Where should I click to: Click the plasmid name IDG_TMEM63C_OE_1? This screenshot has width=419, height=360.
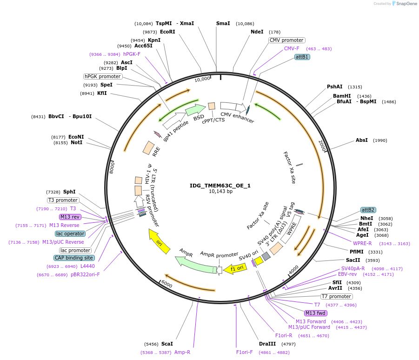point(220,185)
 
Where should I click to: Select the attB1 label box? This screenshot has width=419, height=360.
point(302,57)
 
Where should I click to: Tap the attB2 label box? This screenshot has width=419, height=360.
point(368,210)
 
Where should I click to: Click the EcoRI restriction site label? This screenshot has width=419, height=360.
point(167,32)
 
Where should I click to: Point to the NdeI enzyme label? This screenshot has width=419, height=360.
point(257,32)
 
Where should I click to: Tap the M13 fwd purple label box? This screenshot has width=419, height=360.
point(315,313)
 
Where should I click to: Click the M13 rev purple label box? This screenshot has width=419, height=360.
point(70,217)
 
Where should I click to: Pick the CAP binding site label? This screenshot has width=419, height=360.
point(74,258)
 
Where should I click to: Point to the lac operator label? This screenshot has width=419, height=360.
point(70,233)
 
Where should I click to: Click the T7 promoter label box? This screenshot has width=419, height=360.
point(336,296)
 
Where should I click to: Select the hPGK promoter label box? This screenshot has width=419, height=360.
point(103,76)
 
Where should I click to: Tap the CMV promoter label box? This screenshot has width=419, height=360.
point(286,40)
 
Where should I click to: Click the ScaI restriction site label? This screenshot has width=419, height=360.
point(167,344)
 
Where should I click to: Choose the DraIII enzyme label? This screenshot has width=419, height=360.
point(267,344)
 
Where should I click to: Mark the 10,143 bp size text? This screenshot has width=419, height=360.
point(220,191)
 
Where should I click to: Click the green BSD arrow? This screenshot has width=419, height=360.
point(195,110)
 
